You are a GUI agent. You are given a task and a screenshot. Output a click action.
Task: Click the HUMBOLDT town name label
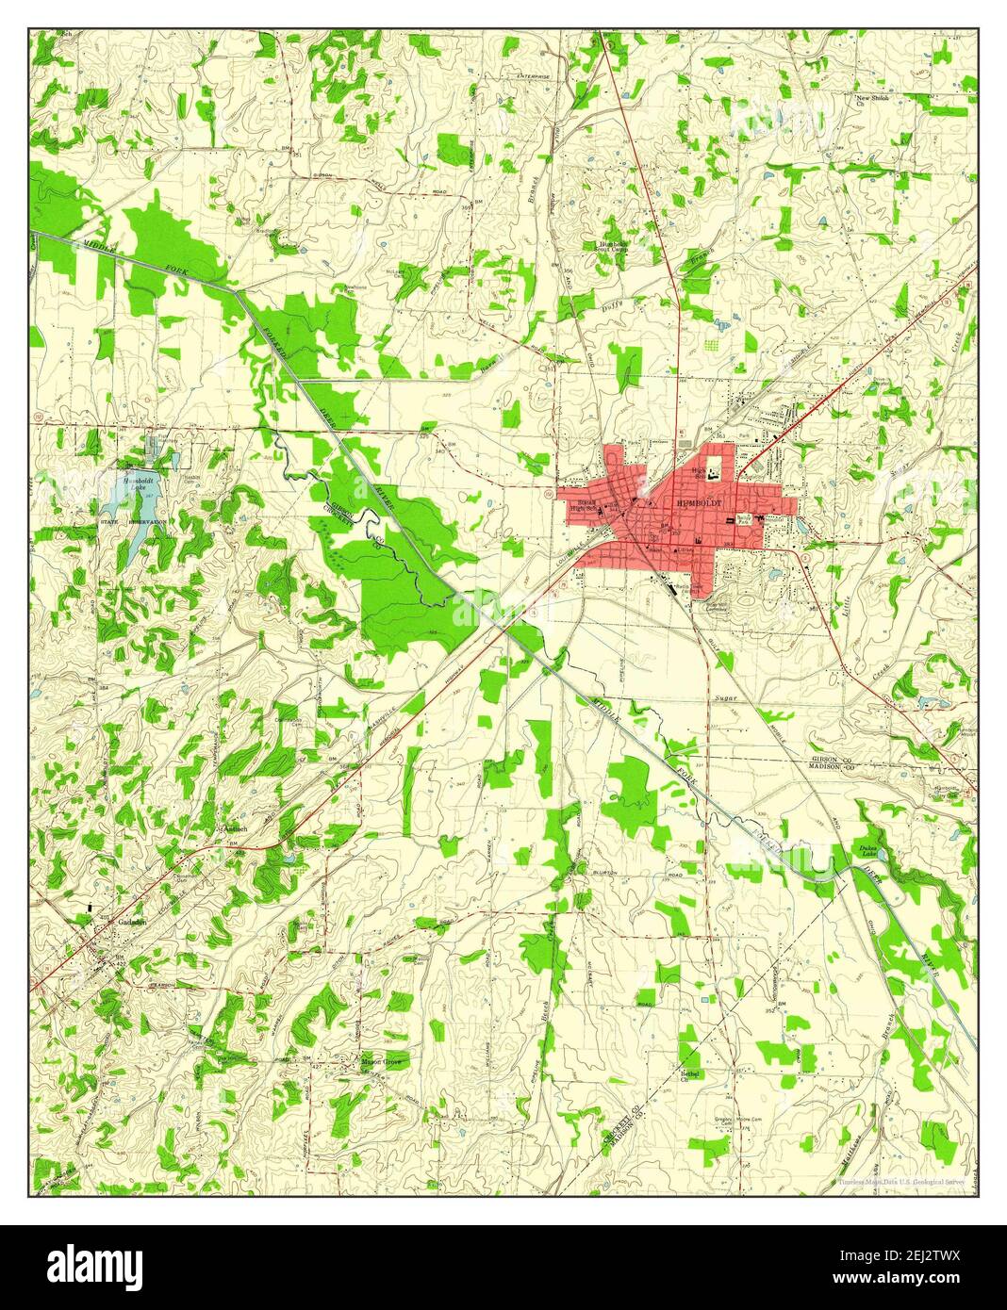701,504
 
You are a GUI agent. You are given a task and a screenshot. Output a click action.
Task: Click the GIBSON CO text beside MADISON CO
830,760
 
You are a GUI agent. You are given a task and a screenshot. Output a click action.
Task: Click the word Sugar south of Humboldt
724,696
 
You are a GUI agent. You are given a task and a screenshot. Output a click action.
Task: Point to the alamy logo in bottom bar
95,1264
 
